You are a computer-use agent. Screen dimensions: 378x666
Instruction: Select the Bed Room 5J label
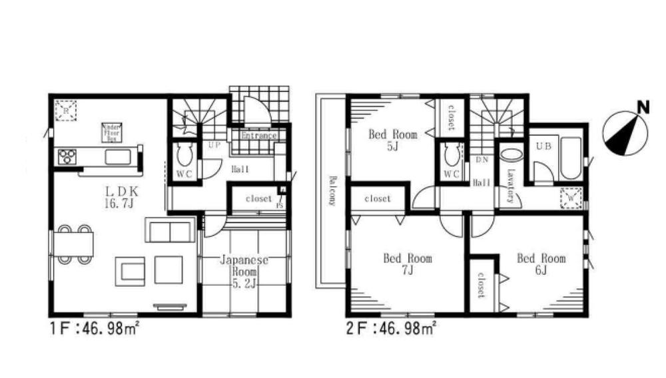393,140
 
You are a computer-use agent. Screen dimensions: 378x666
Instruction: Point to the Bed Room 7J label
407,264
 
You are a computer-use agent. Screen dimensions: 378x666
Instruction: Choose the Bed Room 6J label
541,264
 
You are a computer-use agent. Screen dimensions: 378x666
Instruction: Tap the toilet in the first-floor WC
184,156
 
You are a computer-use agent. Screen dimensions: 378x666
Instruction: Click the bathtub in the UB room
570,158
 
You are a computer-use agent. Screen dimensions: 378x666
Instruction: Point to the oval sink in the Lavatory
510,154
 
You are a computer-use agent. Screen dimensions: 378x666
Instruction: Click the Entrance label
258,136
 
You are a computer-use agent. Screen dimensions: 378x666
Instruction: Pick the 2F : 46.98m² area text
391,327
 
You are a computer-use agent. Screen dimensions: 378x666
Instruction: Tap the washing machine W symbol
571,198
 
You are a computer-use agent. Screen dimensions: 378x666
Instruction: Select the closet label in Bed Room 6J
480,287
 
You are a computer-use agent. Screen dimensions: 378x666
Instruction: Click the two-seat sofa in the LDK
170,232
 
